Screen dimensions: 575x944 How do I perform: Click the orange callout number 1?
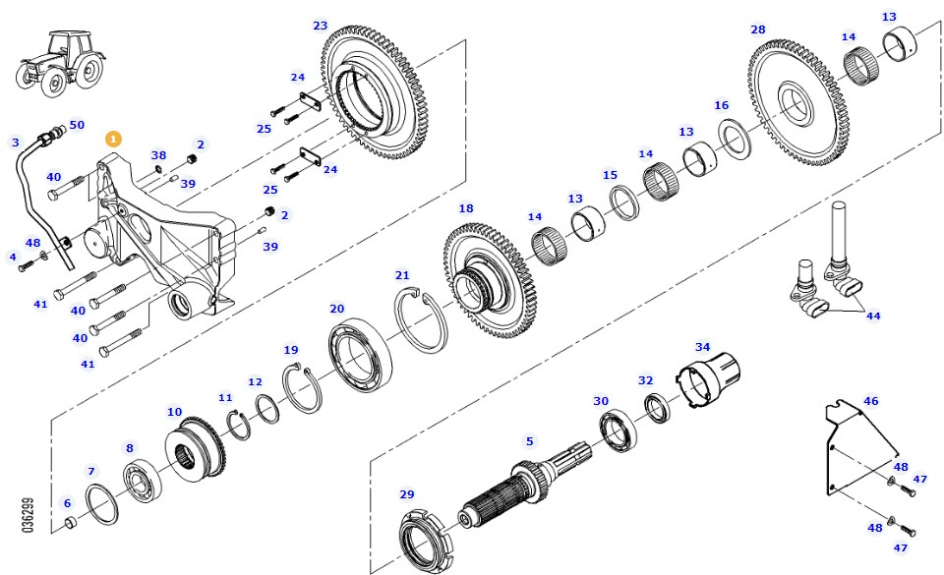(114, 140)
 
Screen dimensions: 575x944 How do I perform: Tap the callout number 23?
(321, 26)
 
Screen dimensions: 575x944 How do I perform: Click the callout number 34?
(702, 348)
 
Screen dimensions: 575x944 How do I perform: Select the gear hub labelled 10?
(194, 453)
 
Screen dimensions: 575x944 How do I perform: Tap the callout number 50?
(77, 125)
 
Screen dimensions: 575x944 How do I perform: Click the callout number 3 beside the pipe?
(15, 143)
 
